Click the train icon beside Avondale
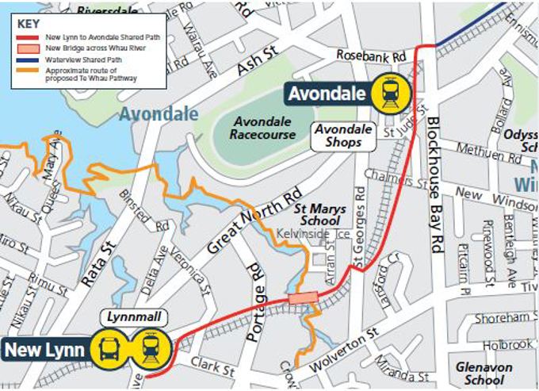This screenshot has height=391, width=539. click(x=390, y=94)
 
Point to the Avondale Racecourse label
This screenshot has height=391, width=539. click(x=263, y=128)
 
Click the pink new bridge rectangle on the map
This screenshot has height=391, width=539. click(x=303, y=297)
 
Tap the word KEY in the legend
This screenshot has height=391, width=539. click(x=29, y=23)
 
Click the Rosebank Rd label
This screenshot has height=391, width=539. click(x=371, y=56)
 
